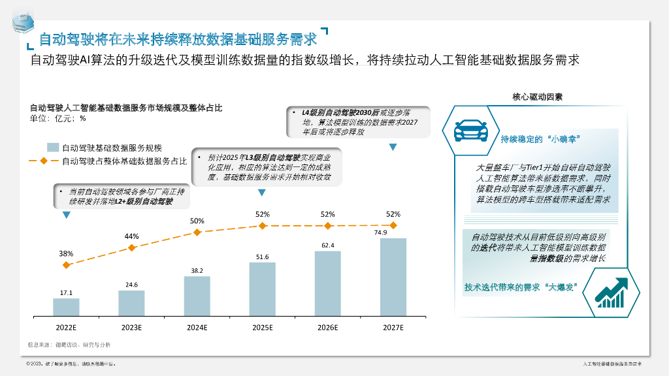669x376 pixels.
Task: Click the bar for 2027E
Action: click(393, 277)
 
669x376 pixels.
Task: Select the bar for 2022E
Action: click(66, 307)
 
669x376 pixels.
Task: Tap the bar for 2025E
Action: click(262, 289)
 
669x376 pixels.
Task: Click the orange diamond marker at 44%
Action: click(131, 247)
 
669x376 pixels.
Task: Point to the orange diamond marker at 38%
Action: click(66, 265)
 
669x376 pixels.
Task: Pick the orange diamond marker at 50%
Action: click(197, 232)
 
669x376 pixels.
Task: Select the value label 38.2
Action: click(197, 270)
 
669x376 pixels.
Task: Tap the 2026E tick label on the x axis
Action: click(327, 326)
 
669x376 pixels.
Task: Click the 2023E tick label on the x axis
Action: click(131, 326)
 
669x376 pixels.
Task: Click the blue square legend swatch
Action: click(52, 148)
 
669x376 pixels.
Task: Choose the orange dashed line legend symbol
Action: click(44, 161)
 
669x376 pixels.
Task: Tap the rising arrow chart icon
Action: click(612, 292)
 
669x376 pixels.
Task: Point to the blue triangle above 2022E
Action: click(66, 215)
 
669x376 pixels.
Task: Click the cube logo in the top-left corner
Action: click(23, 22)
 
